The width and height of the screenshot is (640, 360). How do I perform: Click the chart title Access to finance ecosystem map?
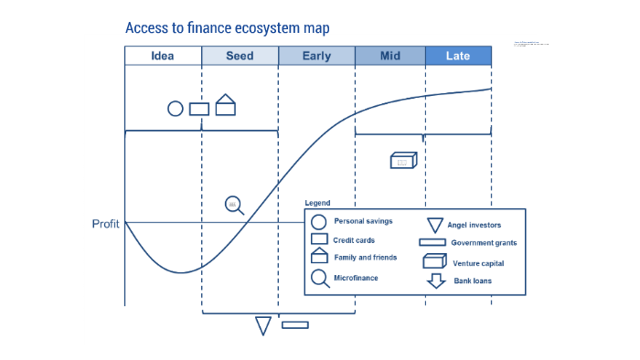(x=227, y=28)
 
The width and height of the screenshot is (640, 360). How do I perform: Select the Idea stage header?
(x=163, y=56)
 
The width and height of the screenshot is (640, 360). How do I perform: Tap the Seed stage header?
(x=240, y=56)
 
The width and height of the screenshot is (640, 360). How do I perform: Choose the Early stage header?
(x=316, y=56)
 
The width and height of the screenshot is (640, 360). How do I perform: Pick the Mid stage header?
(x=389, y=56)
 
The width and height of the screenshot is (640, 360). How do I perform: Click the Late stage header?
(x=458, y=56)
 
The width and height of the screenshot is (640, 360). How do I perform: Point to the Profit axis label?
(x=106, y=224)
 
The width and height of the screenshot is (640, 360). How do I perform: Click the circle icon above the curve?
(x=176, y=109)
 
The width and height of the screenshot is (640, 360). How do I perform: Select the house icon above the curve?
(x=226, y=105)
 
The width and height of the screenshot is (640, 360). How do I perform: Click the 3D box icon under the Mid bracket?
(x=403, y=161)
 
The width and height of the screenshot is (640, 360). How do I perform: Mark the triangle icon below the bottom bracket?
(x=263, y=325)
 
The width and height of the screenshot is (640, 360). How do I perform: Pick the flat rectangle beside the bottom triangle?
(x=294, y=324)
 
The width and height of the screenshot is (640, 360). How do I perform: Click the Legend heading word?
(x=317, y=203)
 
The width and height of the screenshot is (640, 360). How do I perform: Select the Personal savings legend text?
(x=363, y=221)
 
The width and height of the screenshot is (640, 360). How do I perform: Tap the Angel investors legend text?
(x=474, y=224)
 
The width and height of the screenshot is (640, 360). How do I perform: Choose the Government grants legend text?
(x=484, y=243)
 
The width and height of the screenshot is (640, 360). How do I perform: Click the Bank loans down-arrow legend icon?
(x=435, y=281)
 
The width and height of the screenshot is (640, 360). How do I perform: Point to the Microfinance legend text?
(x=356, y=277)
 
